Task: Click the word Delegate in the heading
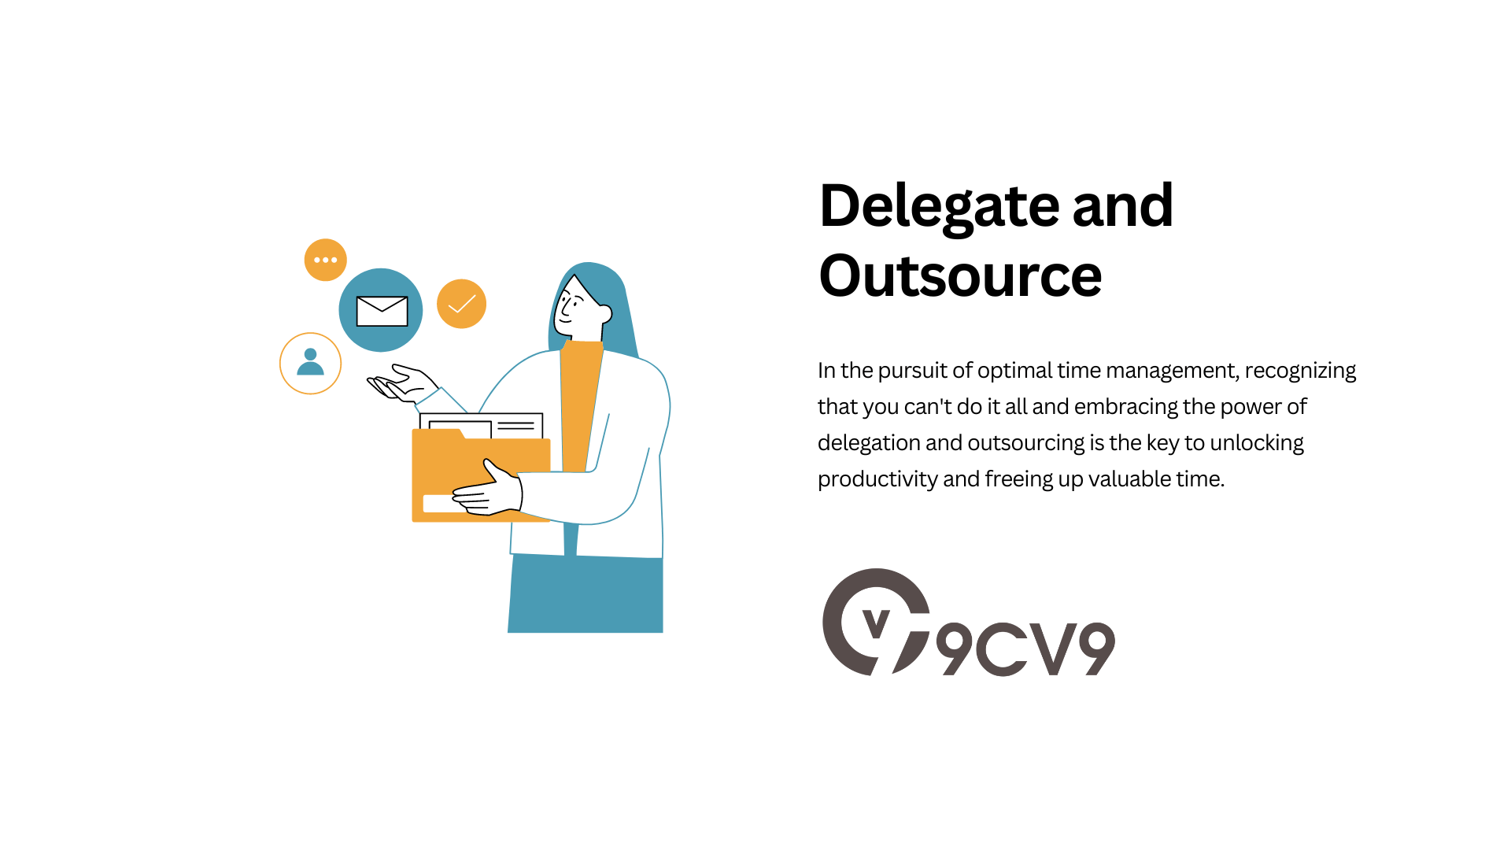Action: tap(940, 207)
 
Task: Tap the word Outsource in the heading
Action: tap(960, 275)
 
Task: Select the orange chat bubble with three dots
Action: tap(326, 260)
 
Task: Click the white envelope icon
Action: tap(382, 311)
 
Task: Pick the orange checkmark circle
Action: tap(461, 304)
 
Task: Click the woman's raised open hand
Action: tap(402, 383)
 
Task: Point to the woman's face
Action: tap(578, 308)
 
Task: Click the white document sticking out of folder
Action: tap(481, 426)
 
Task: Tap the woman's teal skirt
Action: tap(586, 593)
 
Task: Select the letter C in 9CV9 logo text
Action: tap(1002, 649)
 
